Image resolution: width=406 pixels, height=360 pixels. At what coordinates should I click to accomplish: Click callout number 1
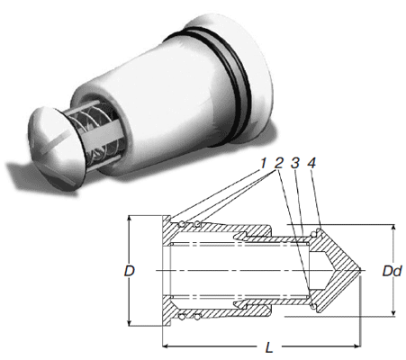click(x=263, y=164)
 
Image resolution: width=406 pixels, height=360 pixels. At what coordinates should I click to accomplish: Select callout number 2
click(x=279, y=164)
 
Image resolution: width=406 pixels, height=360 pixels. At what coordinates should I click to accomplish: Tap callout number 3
click(x=295, y=164)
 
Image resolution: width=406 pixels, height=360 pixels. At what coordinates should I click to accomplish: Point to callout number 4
click(x=311, y=164)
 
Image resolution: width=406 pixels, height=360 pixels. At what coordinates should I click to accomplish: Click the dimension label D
click(x=130, y=271)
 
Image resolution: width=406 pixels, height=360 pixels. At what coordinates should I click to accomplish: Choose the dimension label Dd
click(x=392, y=271)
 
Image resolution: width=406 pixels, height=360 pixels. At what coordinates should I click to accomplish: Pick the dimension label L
click(x=269, y=347)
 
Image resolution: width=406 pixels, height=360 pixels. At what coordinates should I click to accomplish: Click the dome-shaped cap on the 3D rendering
click(x=56, y=142)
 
